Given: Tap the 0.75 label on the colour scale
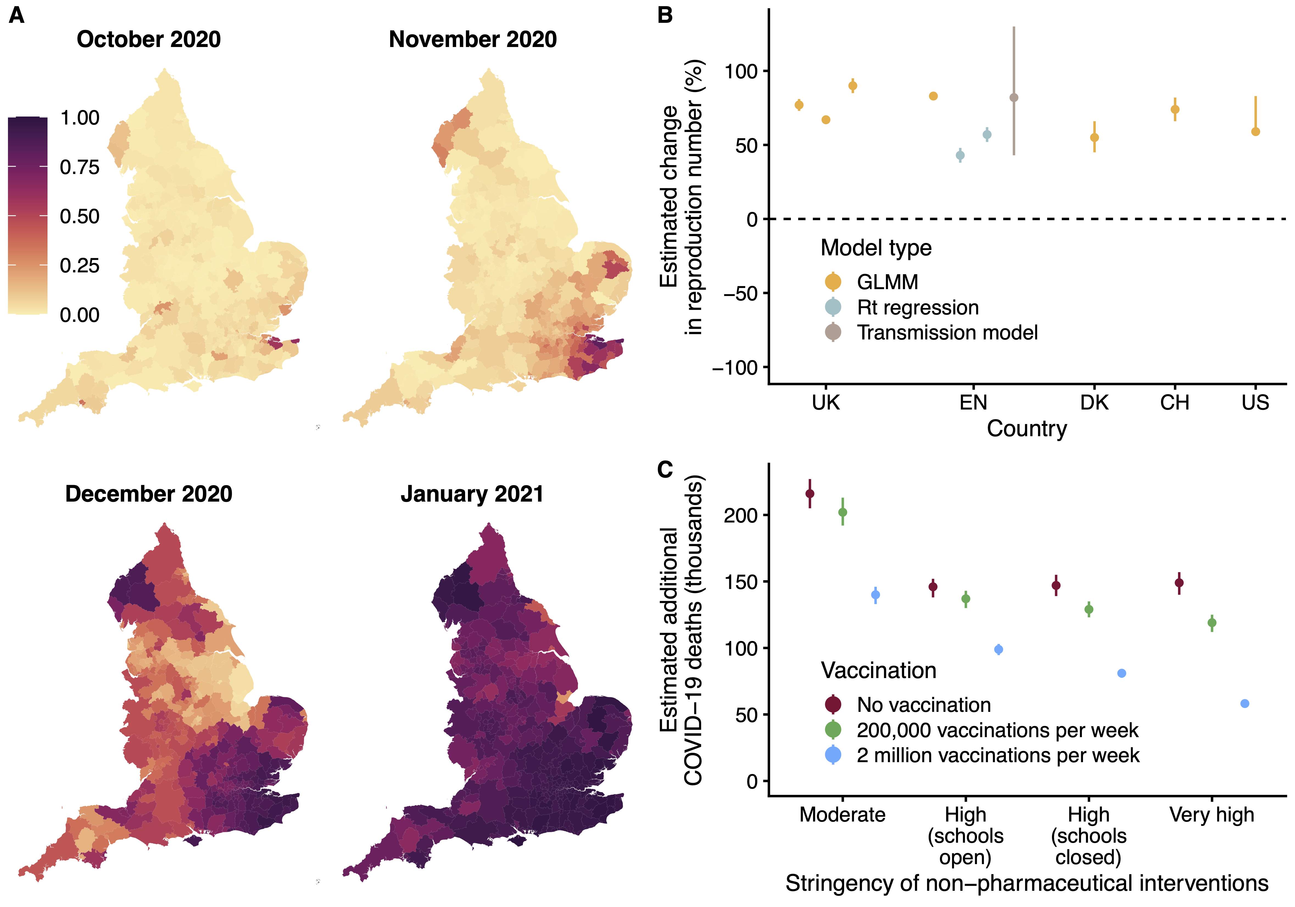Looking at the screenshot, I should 80,167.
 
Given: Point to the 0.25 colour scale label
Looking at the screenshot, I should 80,266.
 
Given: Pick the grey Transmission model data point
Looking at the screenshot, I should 1014,98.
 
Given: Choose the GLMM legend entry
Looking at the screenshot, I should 887,282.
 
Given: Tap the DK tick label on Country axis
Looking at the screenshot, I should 1094,402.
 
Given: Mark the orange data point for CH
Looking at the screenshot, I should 1175,109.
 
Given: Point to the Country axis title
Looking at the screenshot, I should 1026,428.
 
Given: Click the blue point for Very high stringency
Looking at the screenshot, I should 1245,703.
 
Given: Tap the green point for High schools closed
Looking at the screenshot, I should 1089,610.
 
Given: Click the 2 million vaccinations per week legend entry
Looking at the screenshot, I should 997,755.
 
